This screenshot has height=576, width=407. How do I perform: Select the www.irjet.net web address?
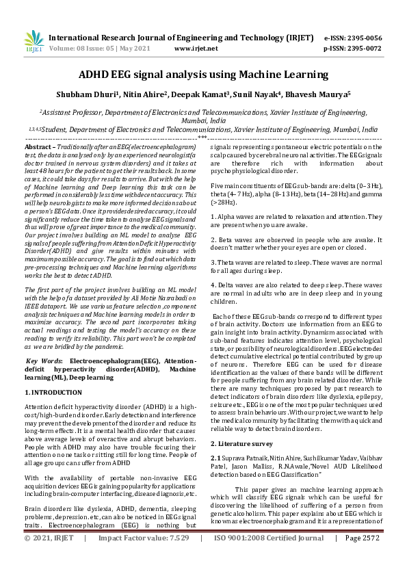click(x=198, y=49)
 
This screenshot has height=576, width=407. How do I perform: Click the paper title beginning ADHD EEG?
click(x=203, y=75)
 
